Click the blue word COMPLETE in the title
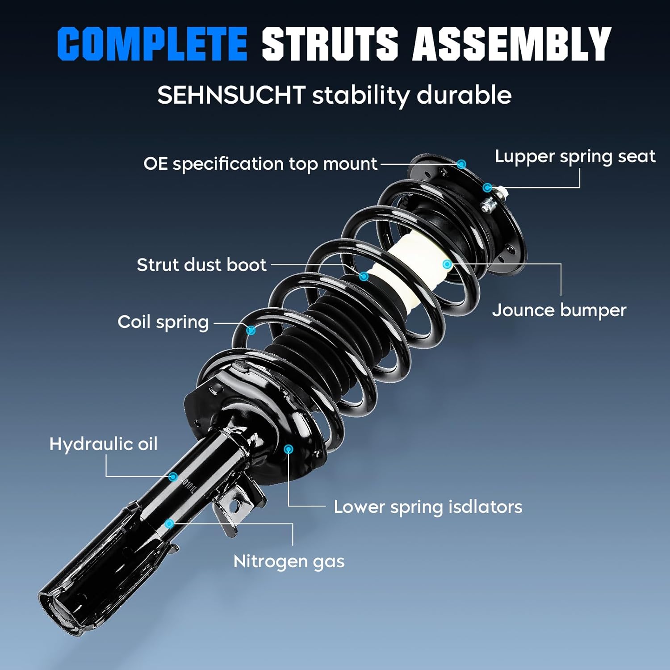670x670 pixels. [x=152, y=43]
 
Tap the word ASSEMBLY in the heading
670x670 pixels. [x=511, y=43]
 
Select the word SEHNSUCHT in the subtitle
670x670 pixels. [x=231, y=95]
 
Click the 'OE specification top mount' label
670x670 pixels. [x=260, y=164]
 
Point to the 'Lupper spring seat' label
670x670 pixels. [x=575, y=156]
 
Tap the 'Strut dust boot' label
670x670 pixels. [x=201, y=265]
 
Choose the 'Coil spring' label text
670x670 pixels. [x=163, y=322]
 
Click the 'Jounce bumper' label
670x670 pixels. [x=559, y=310]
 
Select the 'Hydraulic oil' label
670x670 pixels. [x=103, y=444]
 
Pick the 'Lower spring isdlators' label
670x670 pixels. [x=428, y=507]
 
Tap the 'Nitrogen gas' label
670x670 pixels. [x=289, y=561]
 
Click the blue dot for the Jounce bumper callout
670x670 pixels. [x=447, y=264]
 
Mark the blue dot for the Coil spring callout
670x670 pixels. [x=251, y=331]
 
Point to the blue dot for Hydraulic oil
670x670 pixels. [x=173, y=477]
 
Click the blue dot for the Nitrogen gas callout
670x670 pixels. [x=169, y=523]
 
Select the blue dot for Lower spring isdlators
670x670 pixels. [x=289, y=449]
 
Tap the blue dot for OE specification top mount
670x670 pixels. [x=461, y=164]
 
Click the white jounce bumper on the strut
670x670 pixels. [x=402, y=268]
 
